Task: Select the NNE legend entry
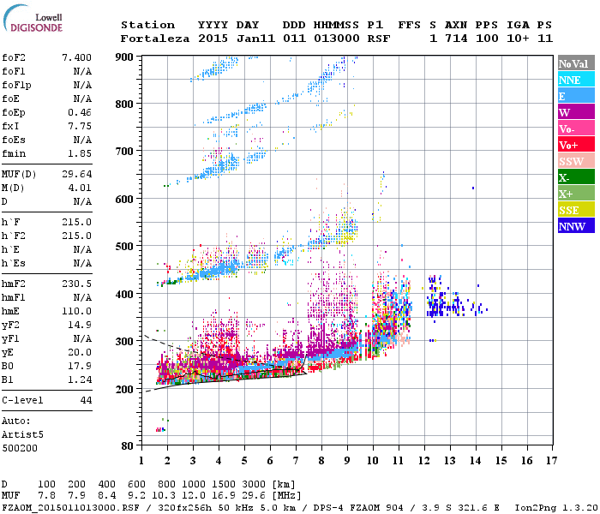pyautogui.click(x=575, y=80)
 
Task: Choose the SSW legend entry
pyautogui.click(x=575, y=161)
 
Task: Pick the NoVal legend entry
pyautogui.click(x=575, y=63)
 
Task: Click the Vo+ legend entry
pyautogui.click(x=575, y=145)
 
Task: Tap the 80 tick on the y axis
pyautogui.click(x=127, y=445)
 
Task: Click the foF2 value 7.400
pyautogui.click(x=76, y=56)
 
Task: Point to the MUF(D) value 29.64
pyautogui.click(x=76, y=174)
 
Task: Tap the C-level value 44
pyautogui.click(x=86, y=400)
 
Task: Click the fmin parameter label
pyautogui.click(x=15, y=152)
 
